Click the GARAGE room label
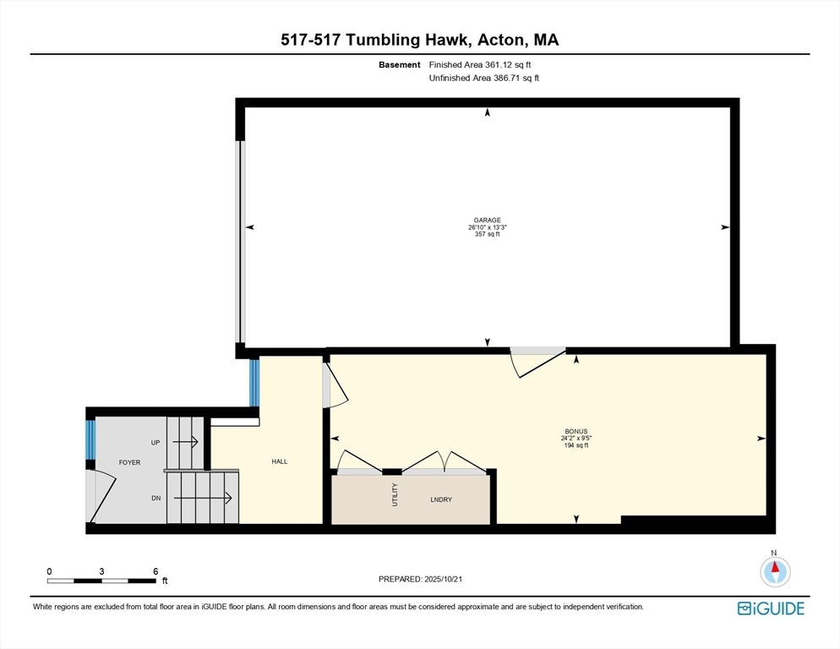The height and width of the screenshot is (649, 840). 487,220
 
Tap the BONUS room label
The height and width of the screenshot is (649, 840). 575,432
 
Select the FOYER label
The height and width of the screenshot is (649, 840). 129,462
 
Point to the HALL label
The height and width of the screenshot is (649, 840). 280,461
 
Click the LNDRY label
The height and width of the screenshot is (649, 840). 441,499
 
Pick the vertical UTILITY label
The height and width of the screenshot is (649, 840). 395,494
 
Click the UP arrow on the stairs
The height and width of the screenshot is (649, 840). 185,442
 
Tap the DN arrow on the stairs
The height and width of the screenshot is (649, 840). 203,499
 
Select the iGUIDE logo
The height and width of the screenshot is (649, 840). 771,608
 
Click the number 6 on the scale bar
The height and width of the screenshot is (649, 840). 155,571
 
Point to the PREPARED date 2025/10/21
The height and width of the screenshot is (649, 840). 443,580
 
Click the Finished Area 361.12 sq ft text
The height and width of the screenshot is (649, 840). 480,65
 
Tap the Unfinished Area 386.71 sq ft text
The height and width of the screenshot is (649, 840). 483,79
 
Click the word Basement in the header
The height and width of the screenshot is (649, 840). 400,65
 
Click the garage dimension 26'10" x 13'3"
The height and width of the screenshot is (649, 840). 487,227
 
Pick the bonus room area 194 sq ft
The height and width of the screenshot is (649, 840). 575,445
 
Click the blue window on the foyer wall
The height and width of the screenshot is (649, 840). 90,439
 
